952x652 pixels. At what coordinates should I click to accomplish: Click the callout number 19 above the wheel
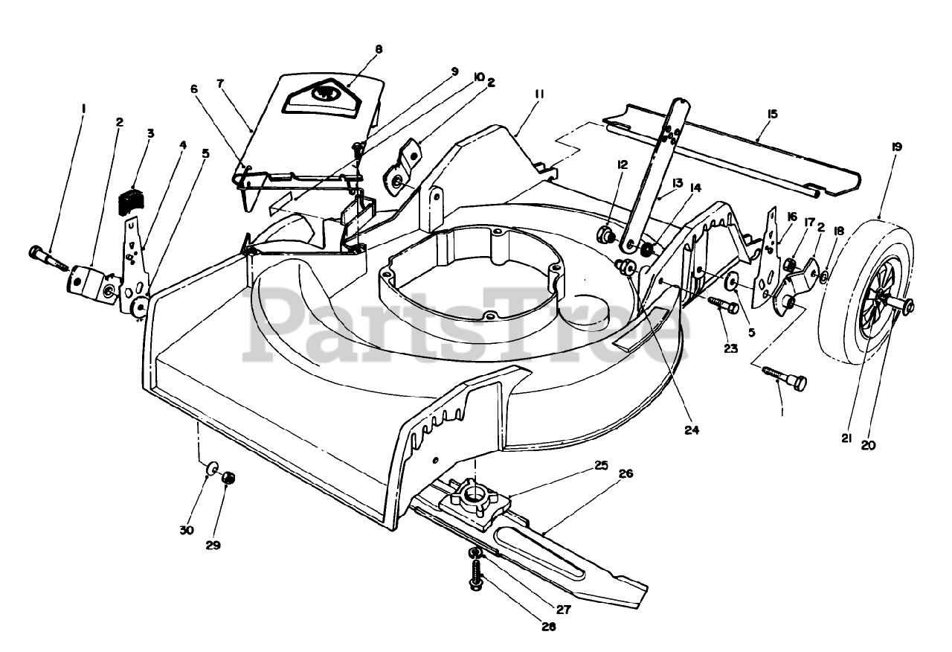coord(895,147)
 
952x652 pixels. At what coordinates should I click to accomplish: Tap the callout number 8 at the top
coord(379,49)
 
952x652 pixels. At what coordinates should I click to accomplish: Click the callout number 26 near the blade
coord(625,473)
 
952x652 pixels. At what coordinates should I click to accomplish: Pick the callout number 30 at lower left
coord(186,530)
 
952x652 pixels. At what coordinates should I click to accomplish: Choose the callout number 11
coord(539,95)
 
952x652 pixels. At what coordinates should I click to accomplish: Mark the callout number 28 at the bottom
coord(548,627)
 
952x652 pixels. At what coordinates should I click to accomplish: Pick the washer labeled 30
coord(212,468)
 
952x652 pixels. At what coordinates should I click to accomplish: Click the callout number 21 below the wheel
coord(846,438)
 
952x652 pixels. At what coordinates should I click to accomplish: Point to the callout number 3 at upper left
coord(150,133)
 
